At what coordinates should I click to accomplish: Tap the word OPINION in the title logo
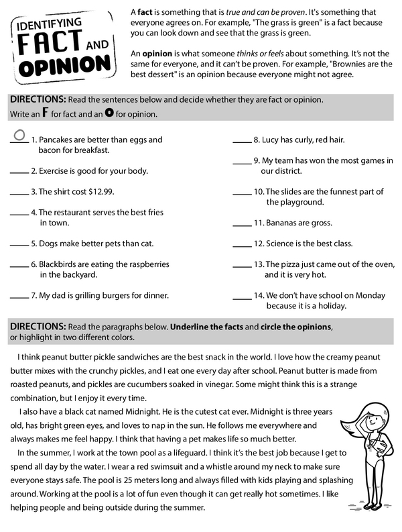point(64,68)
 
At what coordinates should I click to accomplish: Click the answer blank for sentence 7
point(19,295)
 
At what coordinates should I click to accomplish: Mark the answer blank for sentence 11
point(242,223)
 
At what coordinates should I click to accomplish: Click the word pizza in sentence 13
point(292,264)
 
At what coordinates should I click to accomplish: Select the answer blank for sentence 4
point(19,212)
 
